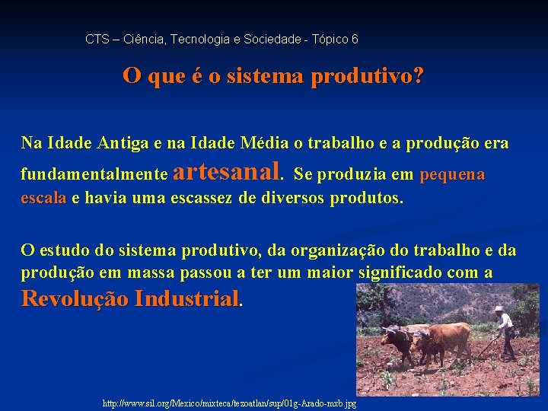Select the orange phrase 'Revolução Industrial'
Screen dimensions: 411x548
click(x=130, y=298)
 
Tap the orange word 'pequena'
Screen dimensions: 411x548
click(x=451, y=174)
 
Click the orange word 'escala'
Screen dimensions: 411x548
click(x=43, y=199)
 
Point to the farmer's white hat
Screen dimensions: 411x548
click(x=499, y=309)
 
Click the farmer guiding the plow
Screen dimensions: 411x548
click(x=504, y=332)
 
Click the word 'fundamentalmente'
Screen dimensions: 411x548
click(x=94, y=174)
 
